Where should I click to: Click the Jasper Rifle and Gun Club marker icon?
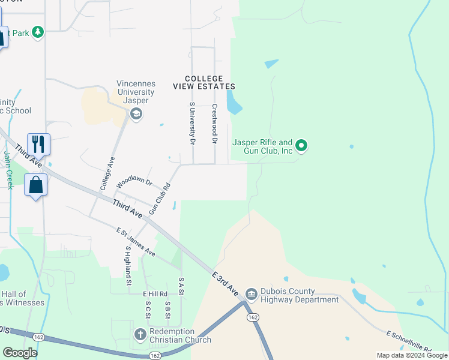[302, 145]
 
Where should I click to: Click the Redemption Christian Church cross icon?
[140, 334]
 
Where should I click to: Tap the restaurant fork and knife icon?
[38, 143]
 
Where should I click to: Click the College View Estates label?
[203, 83]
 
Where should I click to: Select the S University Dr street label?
[192, 124]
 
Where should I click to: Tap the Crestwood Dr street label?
[214, 124]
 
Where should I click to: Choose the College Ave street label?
[107, 174]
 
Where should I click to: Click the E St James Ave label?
[136, 242]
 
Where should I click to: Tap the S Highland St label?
[128, 265]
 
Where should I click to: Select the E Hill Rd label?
[154, 293]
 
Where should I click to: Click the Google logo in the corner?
[20, 352]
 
